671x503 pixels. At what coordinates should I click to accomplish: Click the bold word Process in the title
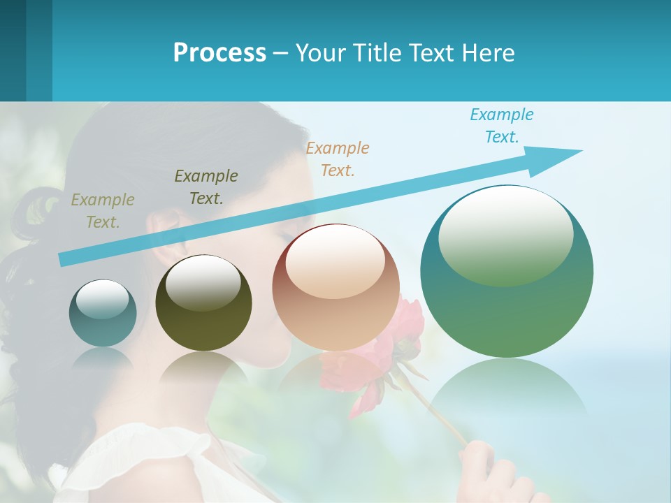pyautogui.click(x=219, y=53)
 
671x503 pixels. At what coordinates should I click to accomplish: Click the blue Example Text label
pyautogui.click(x=502, y=126)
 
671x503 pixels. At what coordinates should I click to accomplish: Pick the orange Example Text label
pyautogui.click(x=338, y=159)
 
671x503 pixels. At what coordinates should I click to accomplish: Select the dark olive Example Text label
pyautogui.click(x=206, y=187)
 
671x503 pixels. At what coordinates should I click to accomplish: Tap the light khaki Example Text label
pyautogui.click(x=103, y=210)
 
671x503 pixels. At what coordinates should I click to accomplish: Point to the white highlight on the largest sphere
pyautogui.click(x=505, y=234)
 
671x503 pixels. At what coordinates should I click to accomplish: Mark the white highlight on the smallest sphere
pyautogui.click(x=102, y=299)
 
